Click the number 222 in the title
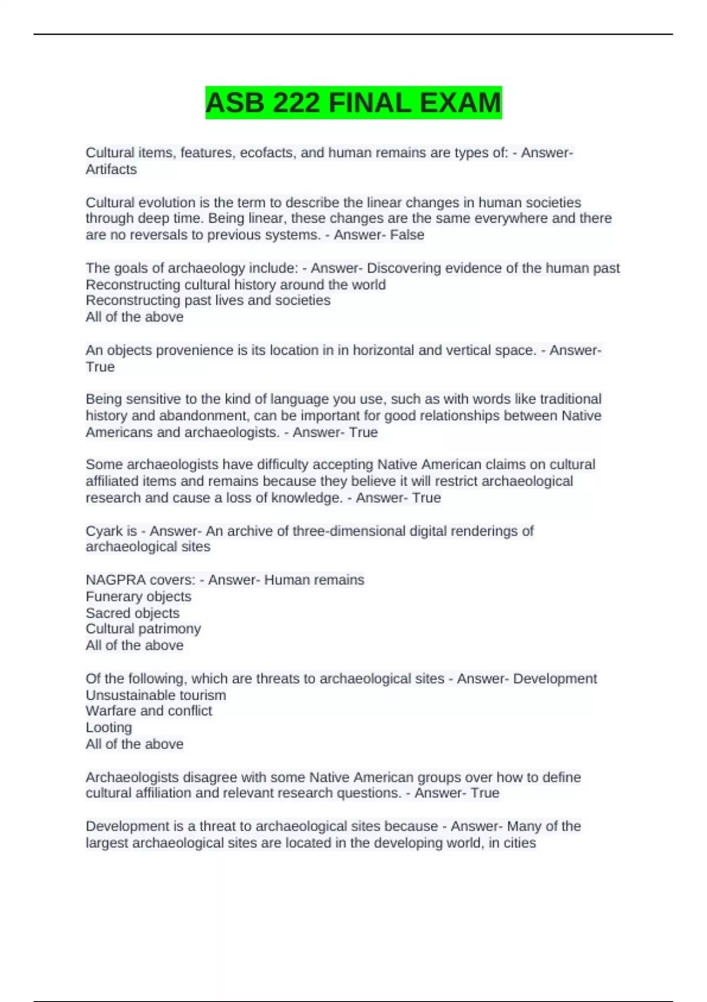coord(297,103)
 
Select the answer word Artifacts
coord(111,170)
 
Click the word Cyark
coord(103,531)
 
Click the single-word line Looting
coord(109,727)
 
